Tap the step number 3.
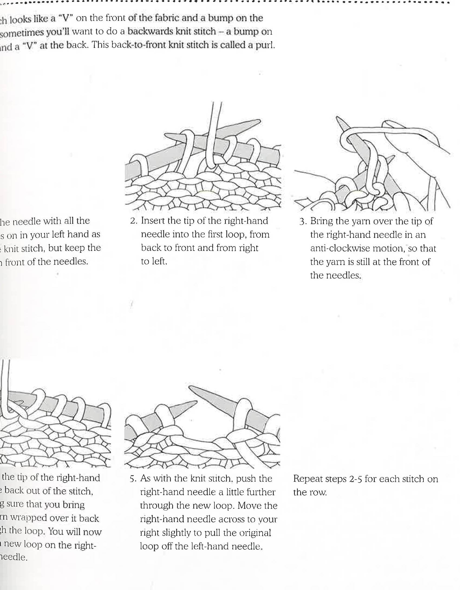click(302, 222)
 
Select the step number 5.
click(132, 479)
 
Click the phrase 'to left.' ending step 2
click(154, 261)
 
